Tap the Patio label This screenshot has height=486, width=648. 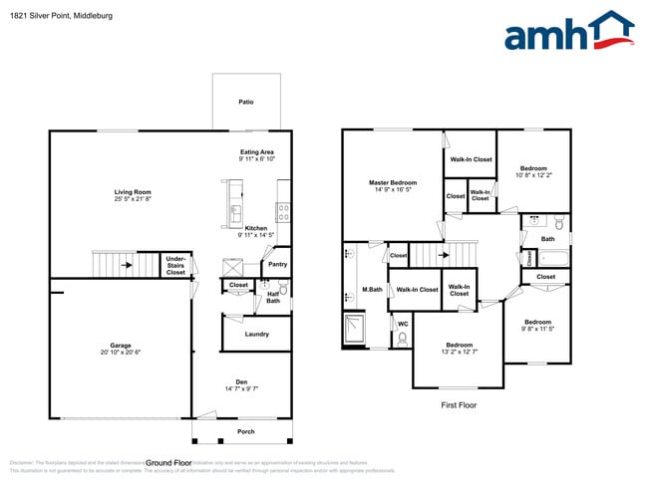(245, 102)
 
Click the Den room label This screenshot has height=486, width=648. (241, 382)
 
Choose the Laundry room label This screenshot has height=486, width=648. (256, 334)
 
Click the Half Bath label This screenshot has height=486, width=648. (273, 297)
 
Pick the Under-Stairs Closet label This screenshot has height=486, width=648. (175, 265)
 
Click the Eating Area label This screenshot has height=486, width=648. (256, 151)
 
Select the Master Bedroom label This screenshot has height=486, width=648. (393, 183)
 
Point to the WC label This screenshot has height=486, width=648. (403, 324)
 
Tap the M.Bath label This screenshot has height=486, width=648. (372, 290)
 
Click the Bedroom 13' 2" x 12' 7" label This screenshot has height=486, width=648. (459, 345)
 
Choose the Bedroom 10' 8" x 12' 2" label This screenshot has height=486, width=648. (532, 168)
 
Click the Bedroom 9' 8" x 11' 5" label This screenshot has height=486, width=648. (538, 322)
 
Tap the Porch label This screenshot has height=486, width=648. (244, 431)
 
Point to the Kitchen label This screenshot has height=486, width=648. (256, 228)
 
